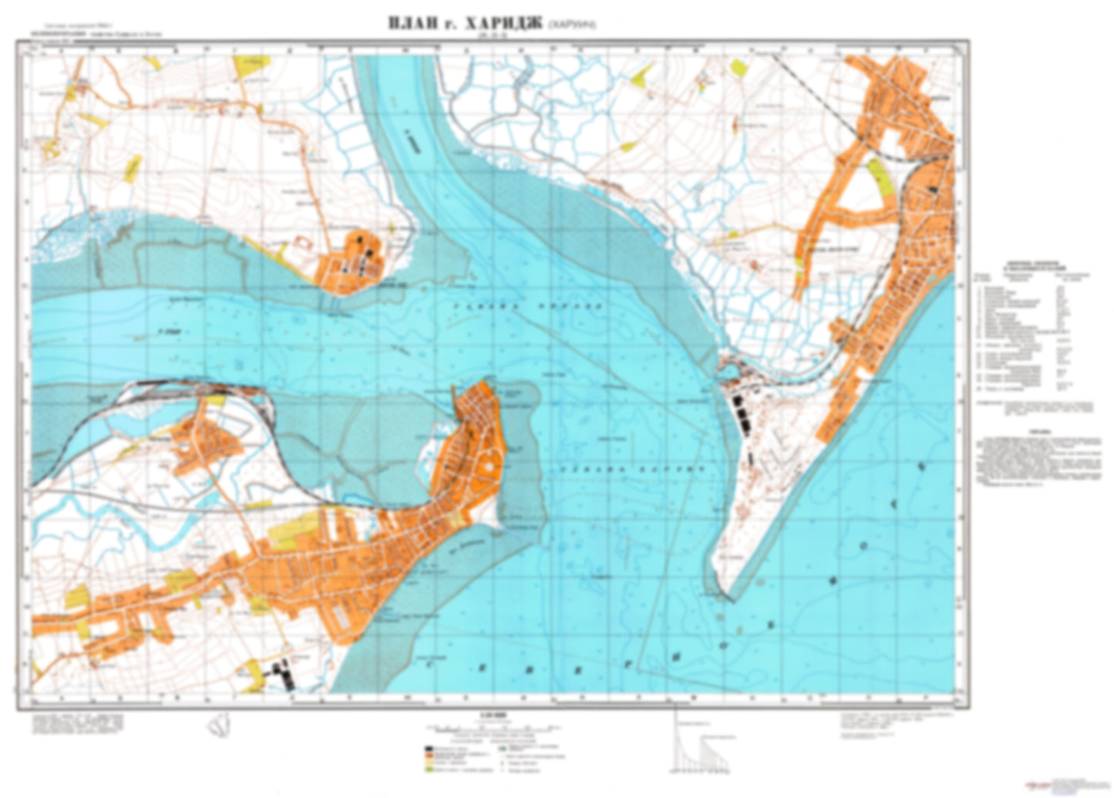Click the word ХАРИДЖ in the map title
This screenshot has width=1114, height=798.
[x=500, y=25]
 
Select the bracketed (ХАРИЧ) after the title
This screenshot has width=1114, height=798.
[x=571, y=25]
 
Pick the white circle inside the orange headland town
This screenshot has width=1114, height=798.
[x=487, y=467]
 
